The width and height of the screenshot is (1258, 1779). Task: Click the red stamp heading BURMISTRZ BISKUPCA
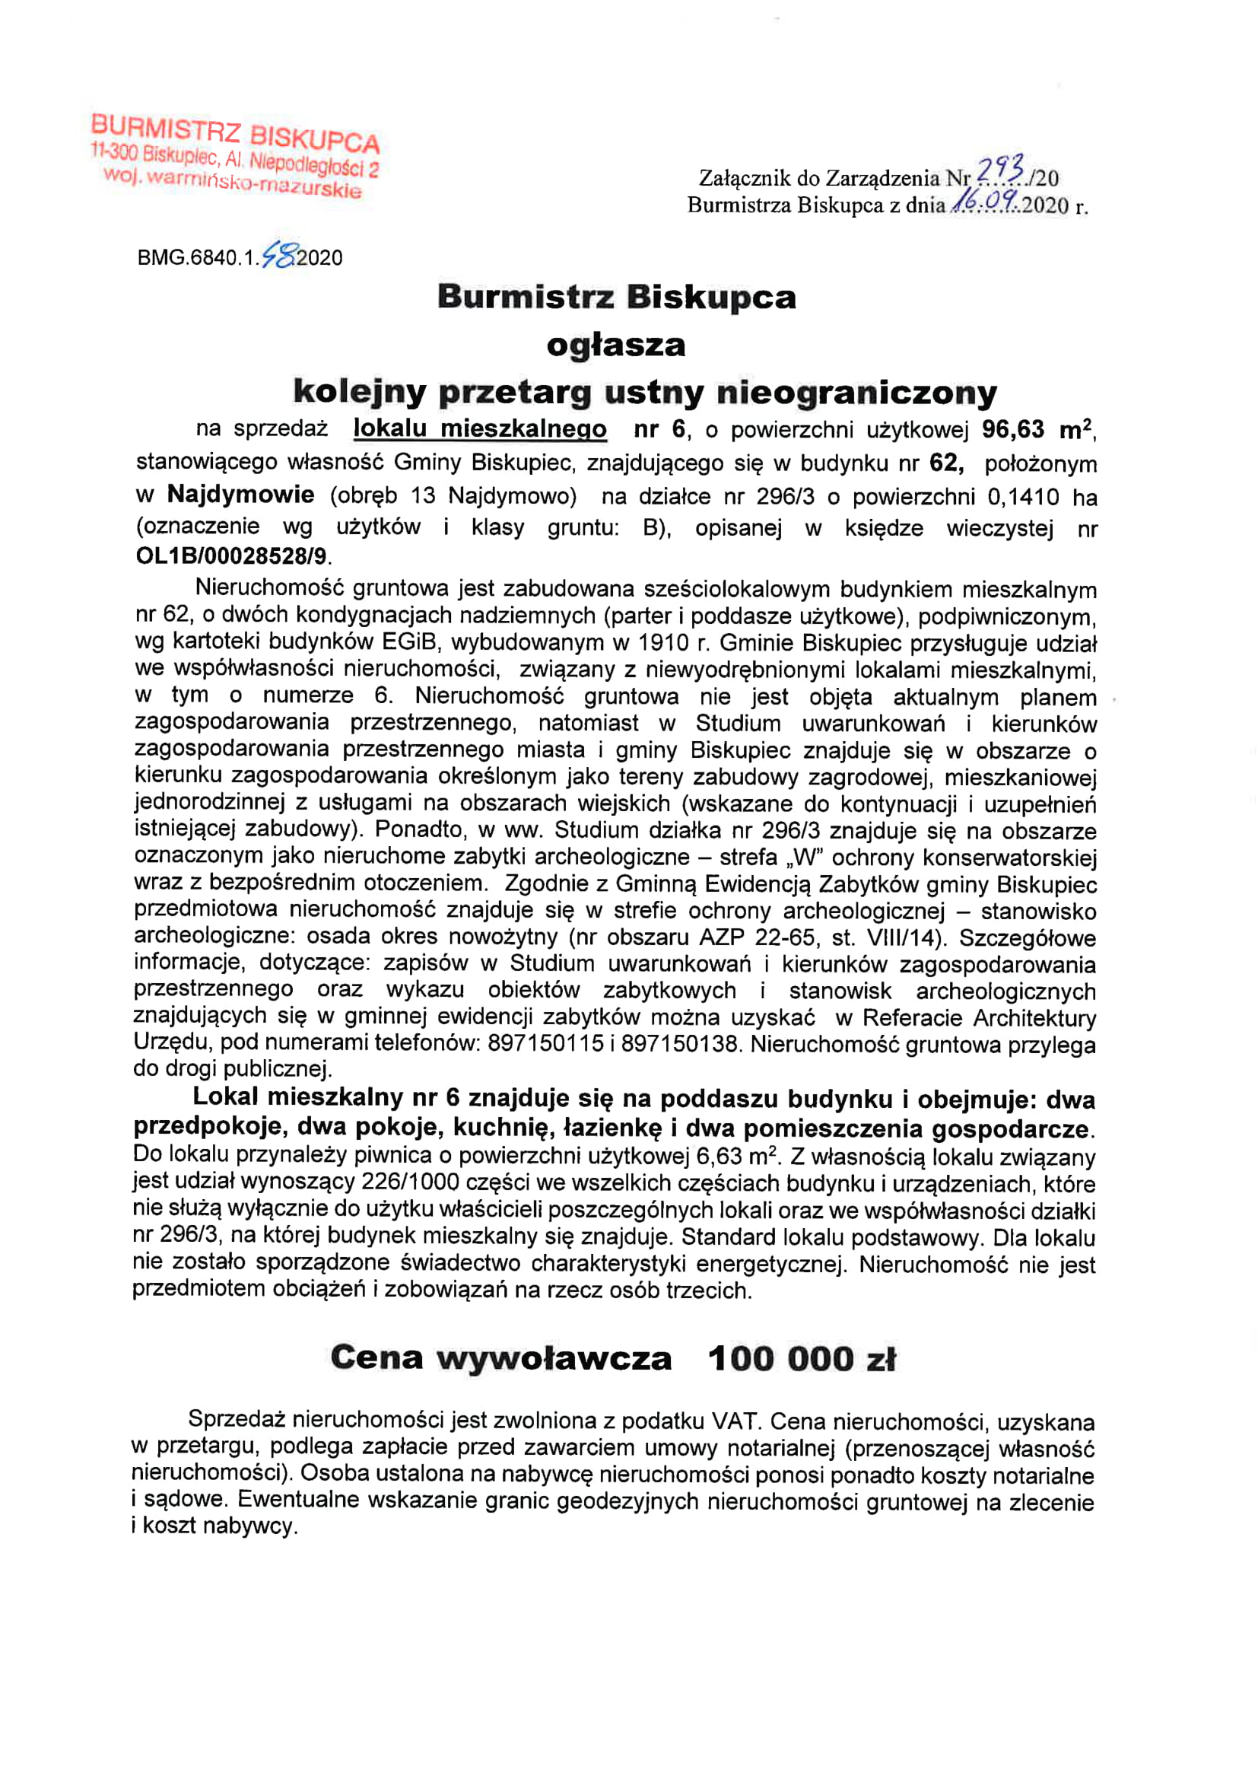coord(235,134)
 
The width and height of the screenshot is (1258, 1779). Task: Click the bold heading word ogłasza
coord(616,345)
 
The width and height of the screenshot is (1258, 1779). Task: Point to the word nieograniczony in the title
coord(856,393)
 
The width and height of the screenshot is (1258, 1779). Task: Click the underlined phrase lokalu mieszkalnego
coord(479,428)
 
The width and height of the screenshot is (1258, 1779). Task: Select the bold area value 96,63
coord(1013,429)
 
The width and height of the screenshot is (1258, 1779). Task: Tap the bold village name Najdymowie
coord(241,495)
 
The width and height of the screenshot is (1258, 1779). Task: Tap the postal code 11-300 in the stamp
coord(115,151)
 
